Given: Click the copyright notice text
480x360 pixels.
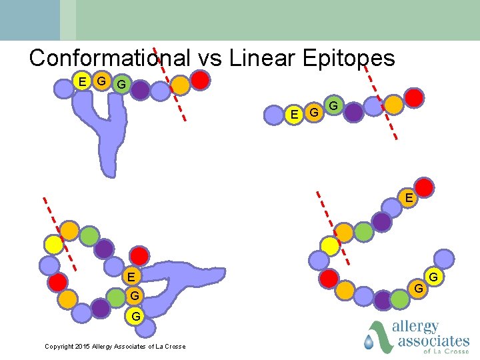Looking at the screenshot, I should pos(115,346).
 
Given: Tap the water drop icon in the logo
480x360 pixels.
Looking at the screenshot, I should pos(369,342).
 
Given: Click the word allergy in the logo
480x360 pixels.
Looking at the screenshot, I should pos(416,327).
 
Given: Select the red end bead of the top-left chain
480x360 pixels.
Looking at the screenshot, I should pos(201,81).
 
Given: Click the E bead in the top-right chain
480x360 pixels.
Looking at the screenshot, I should pos(294,115).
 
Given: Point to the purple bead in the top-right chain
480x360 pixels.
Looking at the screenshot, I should pos(353,112).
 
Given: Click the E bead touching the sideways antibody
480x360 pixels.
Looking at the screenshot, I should pos(131,276).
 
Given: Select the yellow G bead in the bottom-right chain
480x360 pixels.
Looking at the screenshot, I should pos(418,288).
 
